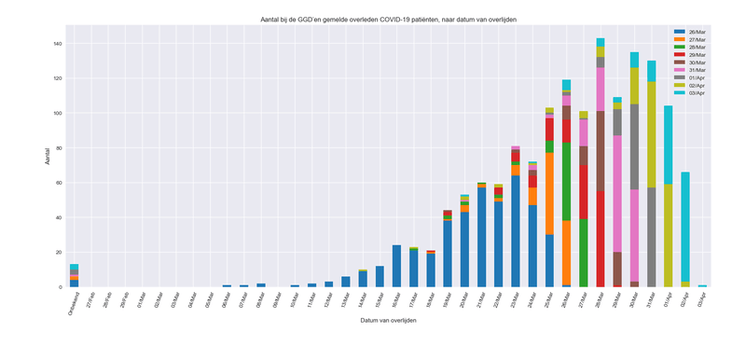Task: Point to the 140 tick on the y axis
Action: coord(57,44)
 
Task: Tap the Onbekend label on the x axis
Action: coord(71,304)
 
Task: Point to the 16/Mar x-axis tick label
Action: coord(394,302)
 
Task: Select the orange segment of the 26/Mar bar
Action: coord(566,252)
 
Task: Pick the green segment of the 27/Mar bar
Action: coord(584,253)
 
